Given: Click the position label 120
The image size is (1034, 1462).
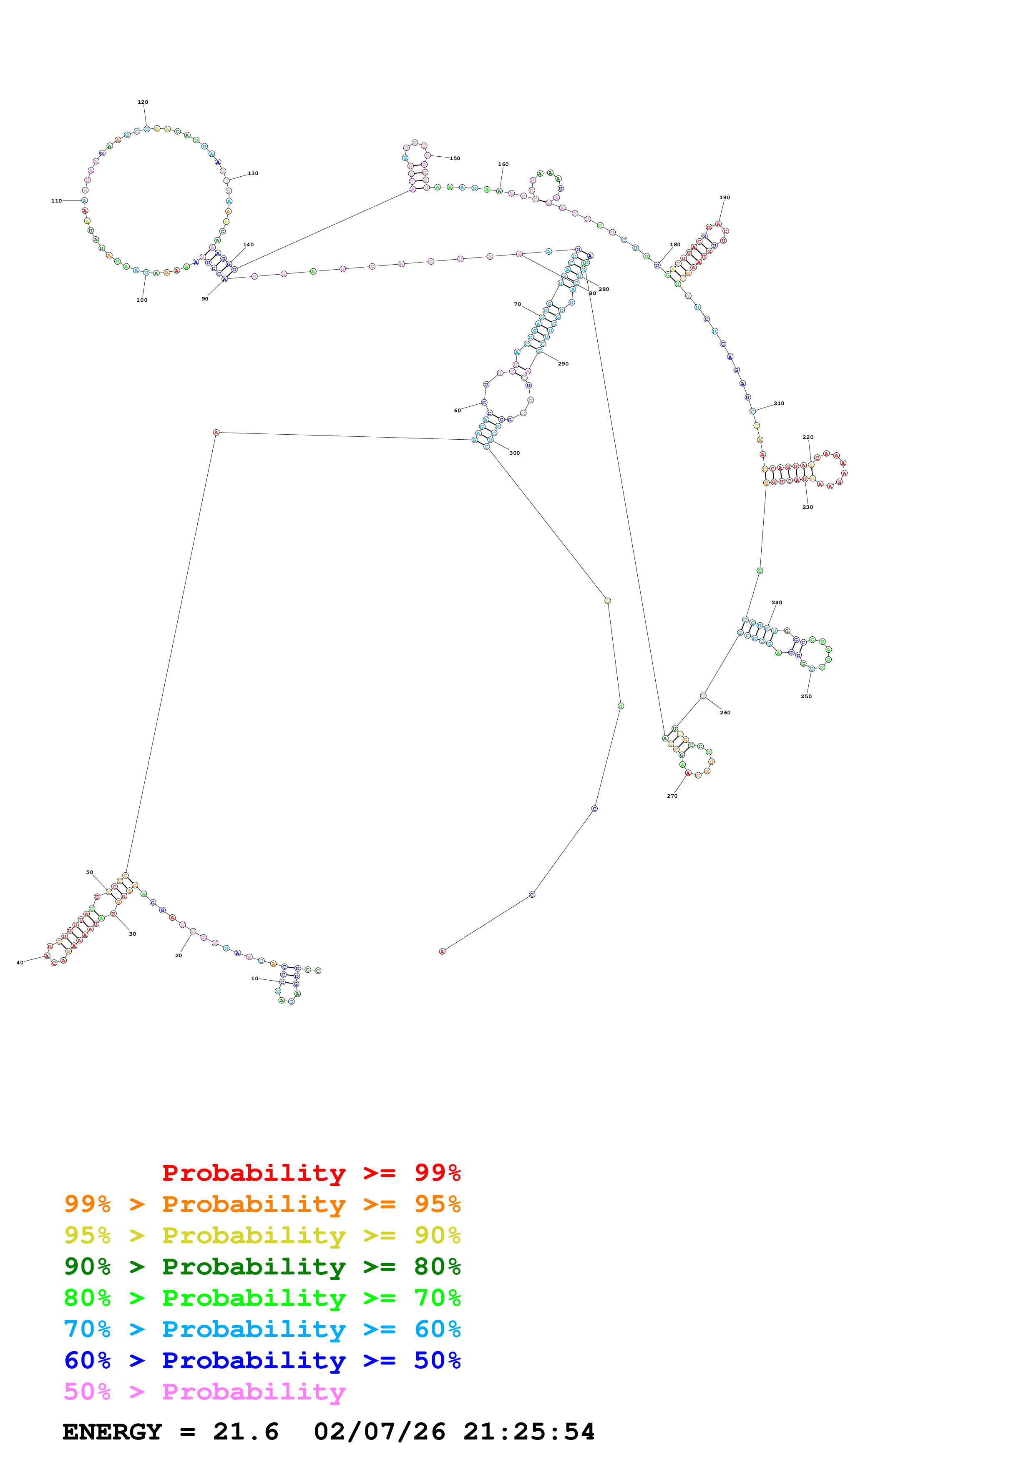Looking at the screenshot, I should pyautogui.click(x=143, y=102).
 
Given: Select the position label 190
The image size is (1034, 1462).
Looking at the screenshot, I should pyautogui.click(x=725, y=198).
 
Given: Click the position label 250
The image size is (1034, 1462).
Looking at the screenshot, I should pyautogui.click(x=806, y=696).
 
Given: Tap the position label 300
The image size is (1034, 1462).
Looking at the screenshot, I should pyautogui.click(x=514, y=453).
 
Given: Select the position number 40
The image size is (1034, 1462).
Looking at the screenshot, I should pyautogui.click(x=20, y=963).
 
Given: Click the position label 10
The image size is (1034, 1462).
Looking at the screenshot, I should pyautogui.click(x=254, y=978).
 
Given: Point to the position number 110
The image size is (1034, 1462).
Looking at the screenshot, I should pyautogui.click(x=56, y=200).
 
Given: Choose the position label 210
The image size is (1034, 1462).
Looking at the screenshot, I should pyautogui.click(x=779, y=403).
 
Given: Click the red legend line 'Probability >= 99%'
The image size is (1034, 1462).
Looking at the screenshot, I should pyautogui.click(x=311, y=1172).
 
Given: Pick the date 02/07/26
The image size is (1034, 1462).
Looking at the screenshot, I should pyautogui.click(x=379, y=1432).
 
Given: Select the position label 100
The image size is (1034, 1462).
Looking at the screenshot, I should pyautogui.click(x=141, y=300).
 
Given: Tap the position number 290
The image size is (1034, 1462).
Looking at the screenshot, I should pyautogui.click(x=563, y=363).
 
